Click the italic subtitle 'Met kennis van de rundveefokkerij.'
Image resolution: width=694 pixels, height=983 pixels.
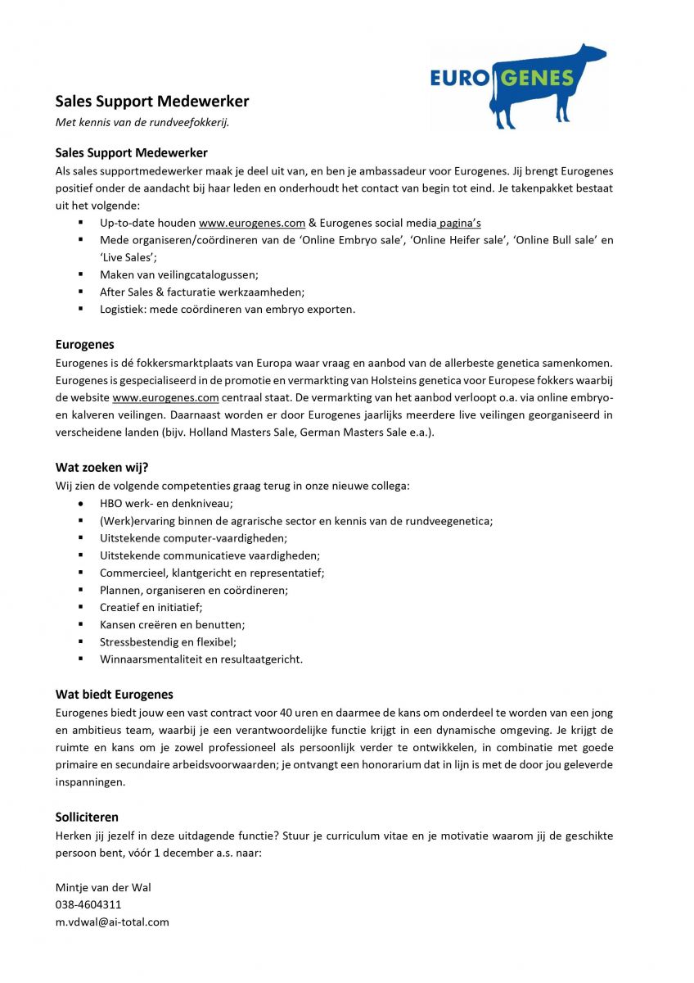point(142,122)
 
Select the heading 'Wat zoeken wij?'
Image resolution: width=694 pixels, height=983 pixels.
point(101,468)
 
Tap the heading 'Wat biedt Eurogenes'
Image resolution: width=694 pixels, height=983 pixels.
point(114,695)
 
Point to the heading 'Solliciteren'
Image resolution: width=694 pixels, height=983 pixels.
point(87,817)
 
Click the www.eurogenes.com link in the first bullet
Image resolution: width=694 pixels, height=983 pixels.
point(252,223)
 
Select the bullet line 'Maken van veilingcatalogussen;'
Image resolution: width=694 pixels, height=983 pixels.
point(179,274)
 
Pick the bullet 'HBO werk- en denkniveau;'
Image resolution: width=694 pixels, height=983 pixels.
point(166,503)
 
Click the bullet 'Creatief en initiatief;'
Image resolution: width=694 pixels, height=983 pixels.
point(151,607)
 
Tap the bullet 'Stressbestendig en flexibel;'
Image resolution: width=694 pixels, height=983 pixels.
point(168,641)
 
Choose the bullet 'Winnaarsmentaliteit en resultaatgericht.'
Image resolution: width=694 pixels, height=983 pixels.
point(201,659)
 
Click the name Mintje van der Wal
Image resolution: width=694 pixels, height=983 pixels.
point(103,887)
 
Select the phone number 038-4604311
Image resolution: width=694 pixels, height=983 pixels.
point(88,904)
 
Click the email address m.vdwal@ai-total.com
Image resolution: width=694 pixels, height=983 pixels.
point(112,922)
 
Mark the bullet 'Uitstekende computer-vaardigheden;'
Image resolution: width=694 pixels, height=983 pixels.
point(193,537)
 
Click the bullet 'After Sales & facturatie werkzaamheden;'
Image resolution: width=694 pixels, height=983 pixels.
point(202,292)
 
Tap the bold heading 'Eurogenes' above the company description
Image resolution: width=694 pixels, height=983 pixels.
point(85,345)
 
